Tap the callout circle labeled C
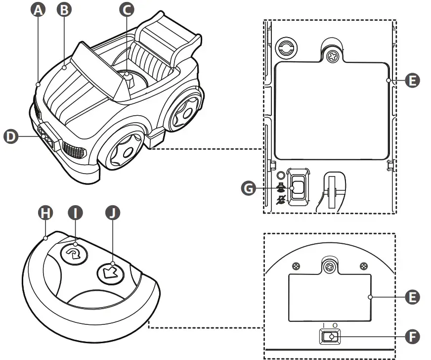(x=127, y=9)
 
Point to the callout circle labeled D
(x=11, y=136)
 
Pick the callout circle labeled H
(x=45, y=213)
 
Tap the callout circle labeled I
(x=75, y=213)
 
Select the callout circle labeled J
(x=114, y=213)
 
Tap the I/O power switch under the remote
(x=329, y=337)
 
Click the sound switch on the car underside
(x=298, y=188)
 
